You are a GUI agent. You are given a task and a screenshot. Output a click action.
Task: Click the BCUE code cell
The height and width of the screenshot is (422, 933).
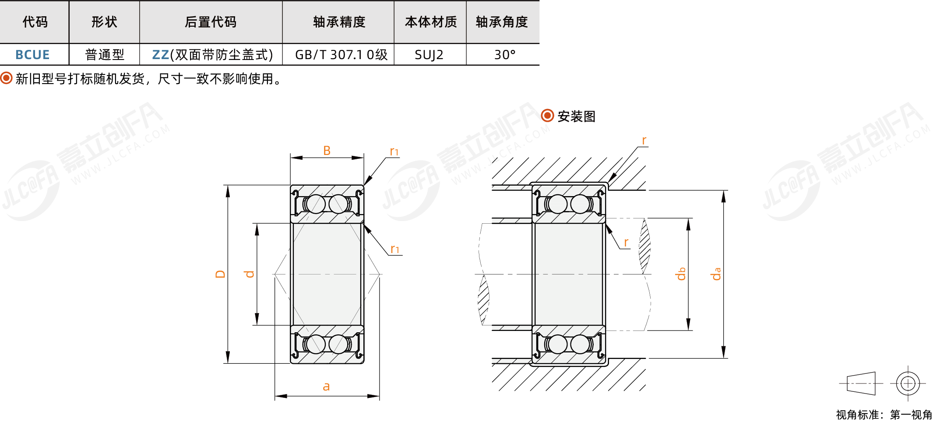(32, 55)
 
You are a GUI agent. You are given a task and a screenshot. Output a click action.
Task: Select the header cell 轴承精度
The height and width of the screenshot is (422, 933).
(339, 22)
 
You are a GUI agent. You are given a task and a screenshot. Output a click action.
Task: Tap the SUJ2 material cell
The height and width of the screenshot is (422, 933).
(429, 55)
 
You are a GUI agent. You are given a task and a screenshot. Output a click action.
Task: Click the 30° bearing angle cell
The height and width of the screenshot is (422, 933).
(504, 55)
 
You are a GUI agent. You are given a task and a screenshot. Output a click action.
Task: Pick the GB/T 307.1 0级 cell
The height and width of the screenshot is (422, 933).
(341, 55)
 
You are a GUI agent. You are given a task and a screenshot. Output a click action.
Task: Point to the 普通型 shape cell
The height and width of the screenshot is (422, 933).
(105, 55)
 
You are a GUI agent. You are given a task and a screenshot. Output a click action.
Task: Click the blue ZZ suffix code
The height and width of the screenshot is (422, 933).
(160, 55)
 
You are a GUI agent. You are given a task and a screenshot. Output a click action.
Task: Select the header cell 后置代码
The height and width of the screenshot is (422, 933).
(211, 22)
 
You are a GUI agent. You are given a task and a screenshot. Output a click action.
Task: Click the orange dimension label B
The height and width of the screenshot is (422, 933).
(327, 151)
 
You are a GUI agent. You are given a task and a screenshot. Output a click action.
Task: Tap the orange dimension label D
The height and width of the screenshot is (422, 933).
(220, 274)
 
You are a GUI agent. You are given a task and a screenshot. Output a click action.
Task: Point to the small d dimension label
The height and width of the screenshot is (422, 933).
(249, 274)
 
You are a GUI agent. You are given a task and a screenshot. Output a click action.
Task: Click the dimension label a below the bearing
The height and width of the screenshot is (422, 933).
(326, 387)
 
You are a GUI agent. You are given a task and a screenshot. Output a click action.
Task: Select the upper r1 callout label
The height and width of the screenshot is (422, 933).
(394, 151)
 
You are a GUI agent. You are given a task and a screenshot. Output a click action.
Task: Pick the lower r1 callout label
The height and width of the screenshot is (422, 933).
(394, 249)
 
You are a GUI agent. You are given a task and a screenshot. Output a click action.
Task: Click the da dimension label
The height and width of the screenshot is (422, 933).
(716, 274)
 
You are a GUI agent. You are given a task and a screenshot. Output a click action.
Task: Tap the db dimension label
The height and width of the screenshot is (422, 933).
(680, 274)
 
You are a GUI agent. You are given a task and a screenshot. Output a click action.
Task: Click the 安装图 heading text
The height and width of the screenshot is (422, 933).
(576, 116)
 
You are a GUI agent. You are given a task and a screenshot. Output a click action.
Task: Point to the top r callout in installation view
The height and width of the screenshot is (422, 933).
(644, 141)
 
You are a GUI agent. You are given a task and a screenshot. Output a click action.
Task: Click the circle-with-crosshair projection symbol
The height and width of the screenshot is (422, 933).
(908, 383)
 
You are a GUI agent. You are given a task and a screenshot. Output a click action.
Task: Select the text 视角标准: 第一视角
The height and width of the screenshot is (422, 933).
(884, 414)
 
